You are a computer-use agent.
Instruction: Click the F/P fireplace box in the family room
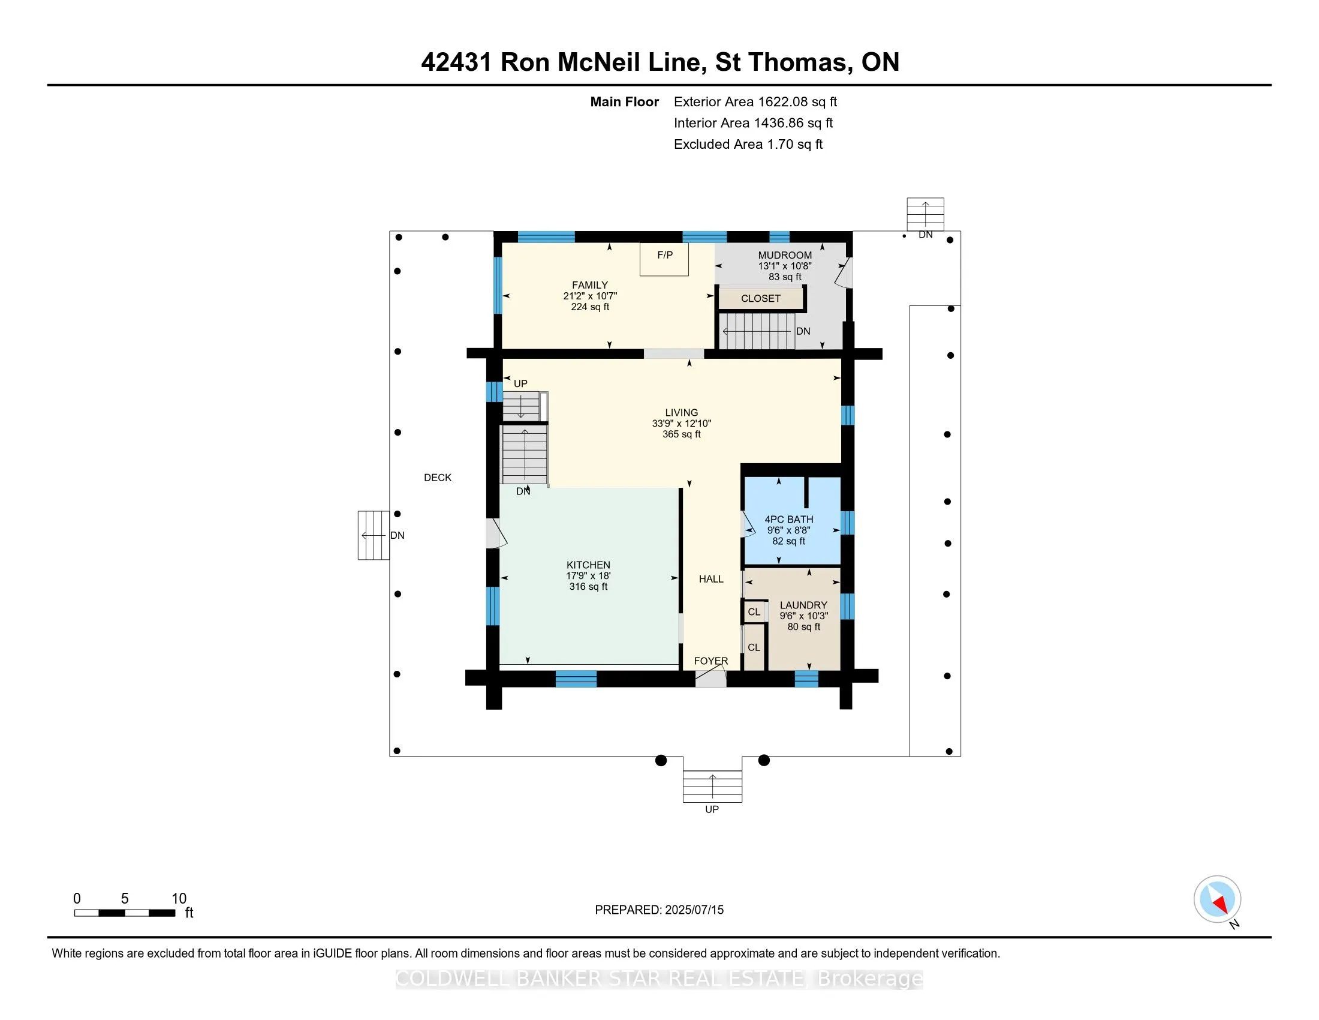tap(664, 259)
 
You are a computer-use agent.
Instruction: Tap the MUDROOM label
tap(785, 255)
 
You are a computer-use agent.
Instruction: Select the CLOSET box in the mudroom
tap(760, 299)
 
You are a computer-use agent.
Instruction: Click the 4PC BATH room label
tap(789, 519)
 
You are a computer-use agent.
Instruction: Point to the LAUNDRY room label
tap(803, 605)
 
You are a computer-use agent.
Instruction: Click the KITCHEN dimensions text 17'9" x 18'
tap(588, 576)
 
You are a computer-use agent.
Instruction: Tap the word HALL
tap(711, 579)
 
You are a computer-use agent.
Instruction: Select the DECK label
tap(437, 478)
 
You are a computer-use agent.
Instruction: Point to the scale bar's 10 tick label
tap(179, 898)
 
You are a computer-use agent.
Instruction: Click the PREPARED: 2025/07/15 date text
tap(659, 910)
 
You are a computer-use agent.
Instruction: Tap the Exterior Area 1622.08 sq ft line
tap(755, 102)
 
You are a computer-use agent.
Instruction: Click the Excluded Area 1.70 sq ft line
tap(748, 145)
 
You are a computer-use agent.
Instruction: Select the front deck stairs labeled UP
tap(712, 786)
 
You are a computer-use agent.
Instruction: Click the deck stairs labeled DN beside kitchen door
tap(374, 535)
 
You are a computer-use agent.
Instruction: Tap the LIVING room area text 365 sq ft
tap(681, 434)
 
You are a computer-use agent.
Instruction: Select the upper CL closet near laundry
tap(754, 612)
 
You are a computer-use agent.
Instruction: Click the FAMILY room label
tap(589, 285)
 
